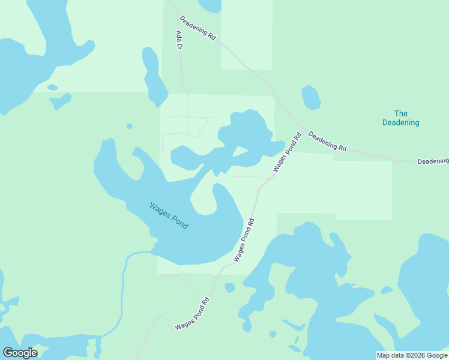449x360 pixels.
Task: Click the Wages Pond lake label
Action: (x=169, y=216)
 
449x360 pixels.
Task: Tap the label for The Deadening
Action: (x=401, y=118)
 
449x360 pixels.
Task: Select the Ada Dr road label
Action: (x=179, y=41)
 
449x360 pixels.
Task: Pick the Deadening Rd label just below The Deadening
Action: (x=327, y=142)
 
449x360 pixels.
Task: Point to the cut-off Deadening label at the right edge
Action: (x=433, y=161)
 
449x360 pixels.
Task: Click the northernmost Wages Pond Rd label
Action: (x=286, y=152)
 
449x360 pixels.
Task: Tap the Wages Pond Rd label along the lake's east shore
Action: (x=244, y=239)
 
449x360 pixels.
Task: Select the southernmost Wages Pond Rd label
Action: (x=192, y=314)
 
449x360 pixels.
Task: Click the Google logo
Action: (x=20, y=353)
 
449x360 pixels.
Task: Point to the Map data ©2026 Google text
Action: (x=412, y=355)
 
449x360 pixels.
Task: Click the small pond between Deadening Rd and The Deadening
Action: (x=311, y=97)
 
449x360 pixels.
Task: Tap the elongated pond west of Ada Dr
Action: (x=154, y=76)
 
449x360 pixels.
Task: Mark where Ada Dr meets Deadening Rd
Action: (x=168, y=4)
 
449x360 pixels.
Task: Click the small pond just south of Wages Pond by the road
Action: (x=230, y=287)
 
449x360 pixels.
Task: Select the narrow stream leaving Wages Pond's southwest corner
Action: (x=123, y=282)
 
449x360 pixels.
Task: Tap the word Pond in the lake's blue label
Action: (x=179, y=222)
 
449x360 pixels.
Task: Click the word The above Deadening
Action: (x=401, y=113)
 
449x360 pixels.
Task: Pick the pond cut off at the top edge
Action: (x=211, y=5)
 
